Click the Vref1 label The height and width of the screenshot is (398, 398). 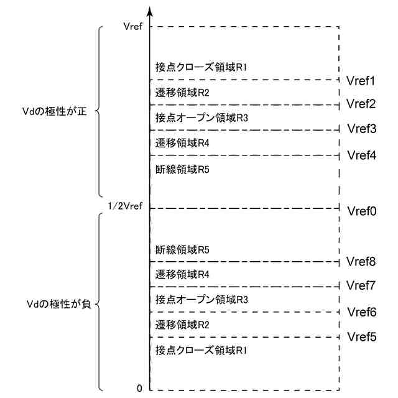click(361, 81)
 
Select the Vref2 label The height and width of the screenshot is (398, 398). click(361, 103)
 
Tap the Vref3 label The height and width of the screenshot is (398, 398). click(361, 129)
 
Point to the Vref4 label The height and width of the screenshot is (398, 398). click(361, 155)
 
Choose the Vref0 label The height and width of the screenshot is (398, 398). click(361, 211)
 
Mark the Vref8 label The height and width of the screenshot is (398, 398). click(361, 262)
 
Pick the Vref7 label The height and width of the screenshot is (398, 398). click(361, 285)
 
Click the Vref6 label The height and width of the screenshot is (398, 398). click(361, 312)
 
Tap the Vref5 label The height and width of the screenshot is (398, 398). click(361, 337)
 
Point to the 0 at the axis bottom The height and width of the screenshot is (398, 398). click(139, 389)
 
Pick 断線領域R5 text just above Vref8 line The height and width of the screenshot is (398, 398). click(182, 250)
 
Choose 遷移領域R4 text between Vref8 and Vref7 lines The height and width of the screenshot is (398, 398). click(182, 274)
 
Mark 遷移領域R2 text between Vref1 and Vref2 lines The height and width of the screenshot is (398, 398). click(182, 92)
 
